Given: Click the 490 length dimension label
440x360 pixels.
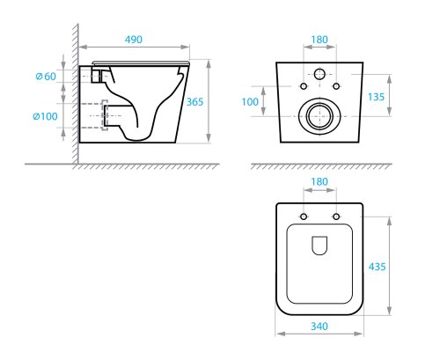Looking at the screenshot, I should coord(135,40).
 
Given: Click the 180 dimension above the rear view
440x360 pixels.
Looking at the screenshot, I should coord(319,40).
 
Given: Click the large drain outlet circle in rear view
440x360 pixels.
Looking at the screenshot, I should coord(319,115).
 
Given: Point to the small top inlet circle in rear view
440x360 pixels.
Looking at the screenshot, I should coord(319,72).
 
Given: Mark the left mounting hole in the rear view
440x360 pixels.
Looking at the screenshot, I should coord(303,86).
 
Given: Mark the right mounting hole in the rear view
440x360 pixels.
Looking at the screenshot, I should coord(336,86).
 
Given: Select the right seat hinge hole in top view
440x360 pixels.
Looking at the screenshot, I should coord(336,217).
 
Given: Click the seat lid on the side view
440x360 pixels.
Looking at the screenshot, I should coord(141,62).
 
